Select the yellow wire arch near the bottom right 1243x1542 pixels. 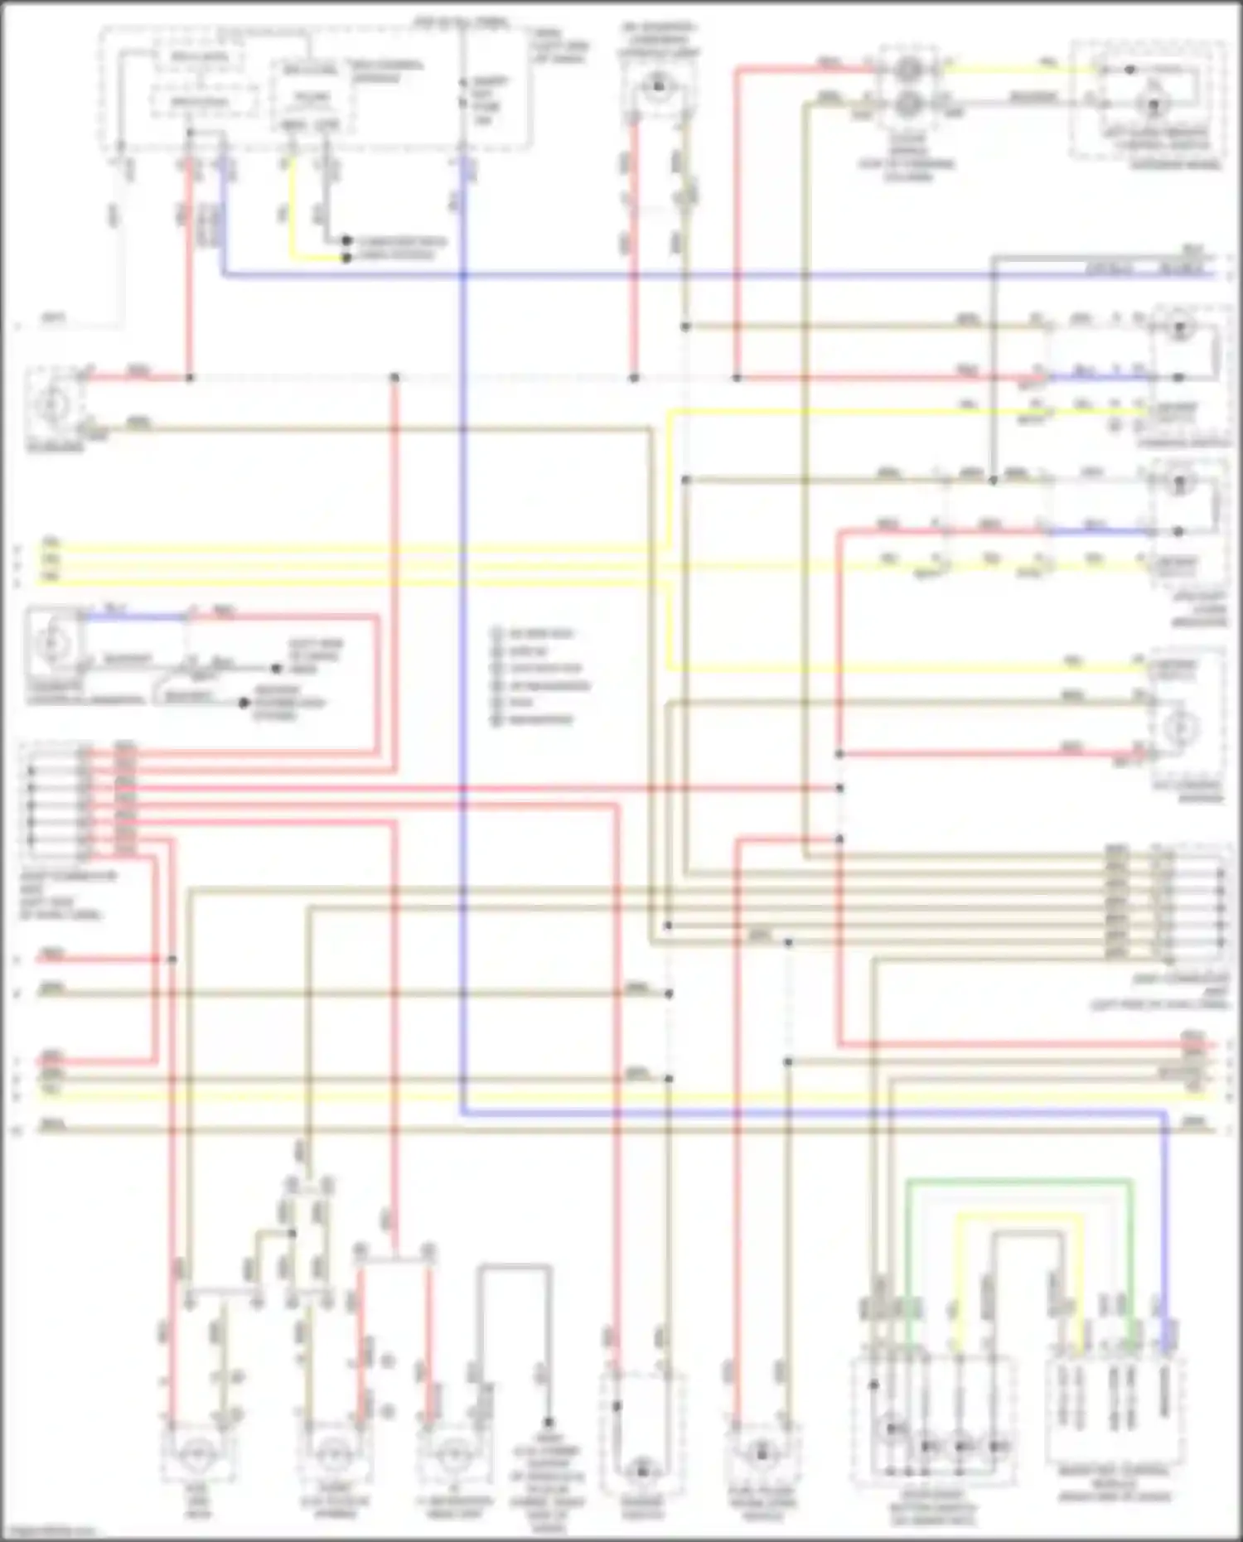pyautogui.click(x=1019, y=1216)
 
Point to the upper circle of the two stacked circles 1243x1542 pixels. pyautogui.click(x=908, y=70)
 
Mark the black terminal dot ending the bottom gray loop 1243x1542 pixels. pyautogui.click(x=548, y=1422)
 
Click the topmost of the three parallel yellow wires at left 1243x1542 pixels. pyautogui.click(x=331, y=547)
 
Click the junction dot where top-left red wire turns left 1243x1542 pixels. pyautogui.click(x=190, y=378)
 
